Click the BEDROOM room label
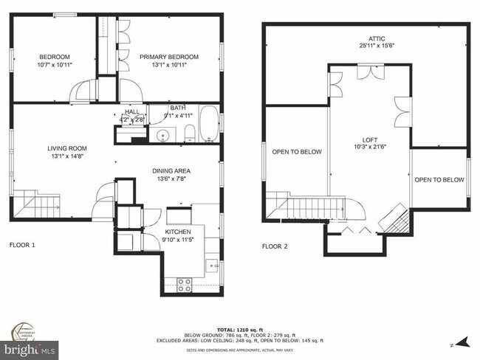tap(55, 58)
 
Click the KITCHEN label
tap(178, 232)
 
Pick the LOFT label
tap(369, 139)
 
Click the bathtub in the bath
tap(208, 123)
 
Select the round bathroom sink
tap(163, 135)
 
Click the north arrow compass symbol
tap(462, 342)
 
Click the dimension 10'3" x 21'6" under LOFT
tap(369, 148)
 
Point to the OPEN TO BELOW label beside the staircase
tap(297, 152)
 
